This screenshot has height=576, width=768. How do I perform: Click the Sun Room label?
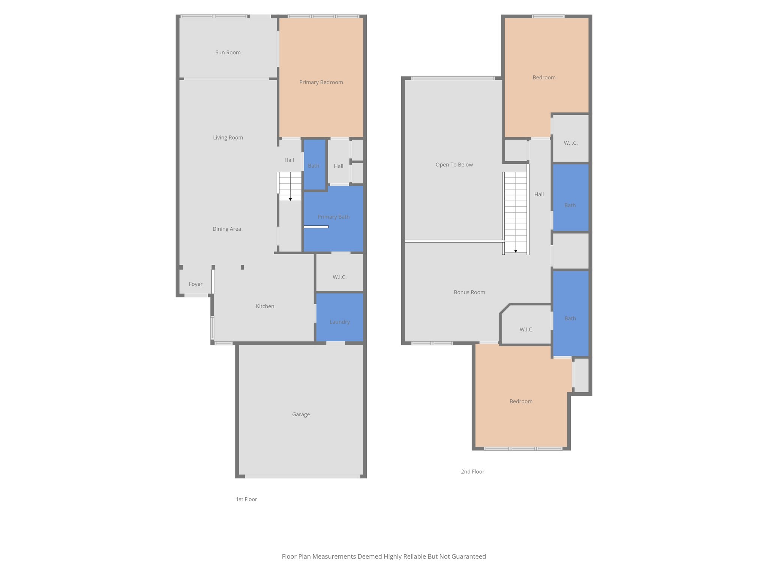click(228, 52)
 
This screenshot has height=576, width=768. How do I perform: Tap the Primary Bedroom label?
click(321, 82)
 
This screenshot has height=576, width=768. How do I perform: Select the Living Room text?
click(228, 138)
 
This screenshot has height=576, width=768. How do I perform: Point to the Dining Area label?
click(226, 229)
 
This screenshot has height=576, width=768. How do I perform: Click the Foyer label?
click(195, 284)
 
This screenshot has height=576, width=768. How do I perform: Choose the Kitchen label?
click(265, 306)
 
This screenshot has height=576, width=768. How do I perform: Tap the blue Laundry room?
click(339, 317)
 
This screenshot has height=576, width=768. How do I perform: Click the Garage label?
click(301, 414)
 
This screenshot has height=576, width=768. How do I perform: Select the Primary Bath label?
click(333, 217)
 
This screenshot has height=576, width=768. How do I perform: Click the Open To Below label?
click(454, 165)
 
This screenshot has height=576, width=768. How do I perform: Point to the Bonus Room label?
click(469, 292)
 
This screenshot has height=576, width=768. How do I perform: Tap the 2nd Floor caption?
click(472, 472)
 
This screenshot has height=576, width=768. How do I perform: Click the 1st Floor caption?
click(246, 499)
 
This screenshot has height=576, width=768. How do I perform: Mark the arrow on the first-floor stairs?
click(290, 199)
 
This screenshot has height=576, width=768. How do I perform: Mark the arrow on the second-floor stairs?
click(516, 251)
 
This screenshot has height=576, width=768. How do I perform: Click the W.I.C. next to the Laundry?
click(339, 277)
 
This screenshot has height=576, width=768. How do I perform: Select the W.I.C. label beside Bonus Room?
click(526, 330)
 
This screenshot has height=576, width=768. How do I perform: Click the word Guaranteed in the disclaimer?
click(468, 556)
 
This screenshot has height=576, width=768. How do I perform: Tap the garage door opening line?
click(302, 477)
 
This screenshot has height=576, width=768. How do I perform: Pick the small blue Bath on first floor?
click(314, 165)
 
